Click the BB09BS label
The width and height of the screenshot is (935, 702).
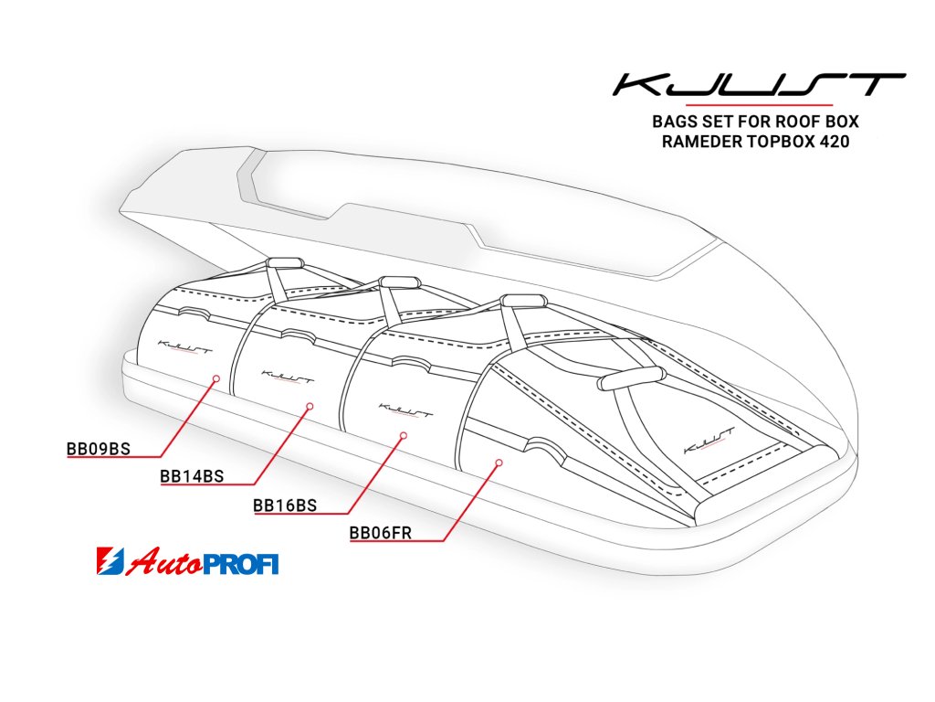[99, 449]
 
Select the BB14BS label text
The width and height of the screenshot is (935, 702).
[192, 476]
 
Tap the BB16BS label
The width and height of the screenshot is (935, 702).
[285, 505]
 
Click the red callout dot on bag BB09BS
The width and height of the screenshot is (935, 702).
[215, 377]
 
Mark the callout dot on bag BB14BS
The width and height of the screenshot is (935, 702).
[310, 405]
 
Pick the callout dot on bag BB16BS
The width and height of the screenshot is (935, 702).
[403, 435]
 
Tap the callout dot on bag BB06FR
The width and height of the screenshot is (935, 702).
[499, 463]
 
